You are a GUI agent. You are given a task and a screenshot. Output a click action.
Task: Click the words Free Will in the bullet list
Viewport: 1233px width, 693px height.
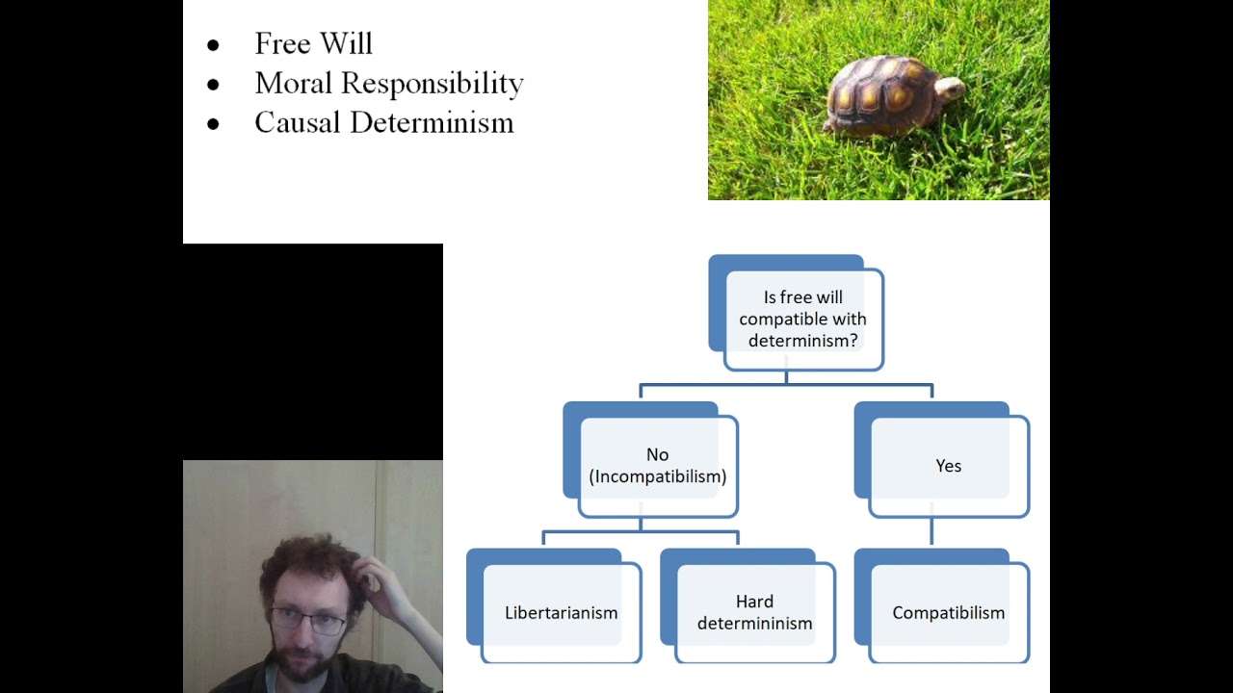[x=313, y=43]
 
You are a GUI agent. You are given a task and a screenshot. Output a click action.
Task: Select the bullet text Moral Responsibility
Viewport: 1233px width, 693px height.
[x=388, y=84]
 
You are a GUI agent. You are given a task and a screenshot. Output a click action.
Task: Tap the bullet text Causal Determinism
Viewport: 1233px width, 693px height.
[x=383, y=123]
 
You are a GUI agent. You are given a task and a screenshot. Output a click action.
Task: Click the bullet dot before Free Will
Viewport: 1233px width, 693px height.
[x=213, y=45]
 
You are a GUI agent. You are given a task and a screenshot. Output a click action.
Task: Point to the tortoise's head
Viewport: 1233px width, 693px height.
[x=951, y=90]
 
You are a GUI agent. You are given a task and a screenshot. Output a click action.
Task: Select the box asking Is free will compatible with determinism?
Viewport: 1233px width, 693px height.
[x=802, y=319]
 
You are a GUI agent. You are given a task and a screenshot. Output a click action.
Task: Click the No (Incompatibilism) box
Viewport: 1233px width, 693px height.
[x=657, y=465]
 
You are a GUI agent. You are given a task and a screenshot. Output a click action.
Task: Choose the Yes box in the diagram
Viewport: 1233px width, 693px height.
[x=948, y=466]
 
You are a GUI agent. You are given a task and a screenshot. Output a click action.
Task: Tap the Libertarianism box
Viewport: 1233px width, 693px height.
[x=561, y=612]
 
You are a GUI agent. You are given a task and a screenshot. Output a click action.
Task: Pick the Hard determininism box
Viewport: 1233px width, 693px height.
[x=754, y=612]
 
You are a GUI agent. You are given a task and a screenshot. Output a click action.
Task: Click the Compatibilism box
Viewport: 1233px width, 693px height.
[x=948, y=612]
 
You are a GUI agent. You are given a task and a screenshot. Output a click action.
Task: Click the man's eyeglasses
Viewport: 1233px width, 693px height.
[x=308, y=620]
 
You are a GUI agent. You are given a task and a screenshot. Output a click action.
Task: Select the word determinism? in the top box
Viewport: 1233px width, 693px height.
[x=802, y=341]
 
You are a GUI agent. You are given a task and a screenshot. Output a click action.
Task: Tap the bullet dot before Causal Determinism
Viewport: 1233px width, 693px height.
[x=213, y=124]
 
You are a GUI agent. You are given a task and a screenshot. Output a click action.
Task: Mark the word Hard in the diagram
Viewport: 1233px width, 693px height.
[x=754, y=602]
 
